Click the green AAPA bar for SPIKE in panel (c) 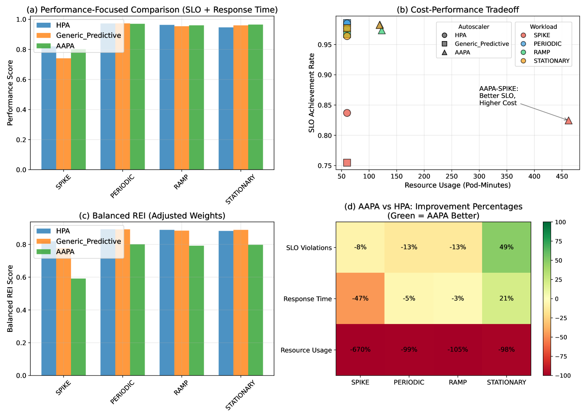click(78, 327)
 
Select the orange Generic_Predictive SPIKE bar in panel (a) click(63, 114)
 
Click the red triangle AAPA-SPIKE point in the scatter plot click(568, 121)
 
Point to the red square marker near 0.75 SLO click(347, 162)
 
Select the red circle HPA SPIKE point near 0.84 click(347, 113)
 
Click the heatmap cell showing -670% click(360, 350)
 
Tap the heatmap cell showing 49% click(506, 247)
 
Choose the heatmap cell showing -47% click(360, 298)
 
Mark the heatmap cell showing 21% click(506, 298)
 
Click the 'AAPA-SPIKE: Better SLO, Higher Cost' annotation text click(498, 96)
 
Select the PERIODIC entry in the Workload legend click(547, 44)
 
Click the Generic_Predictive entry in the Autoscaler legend click(481, 44)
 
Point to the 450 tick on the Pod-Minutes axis click(562, 177)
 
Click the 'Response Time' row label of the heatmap click(307, 299)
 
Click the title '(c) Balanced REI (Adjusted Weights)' click(152, 216)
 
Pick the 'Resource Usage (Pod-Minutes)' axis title click(457, 185)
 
